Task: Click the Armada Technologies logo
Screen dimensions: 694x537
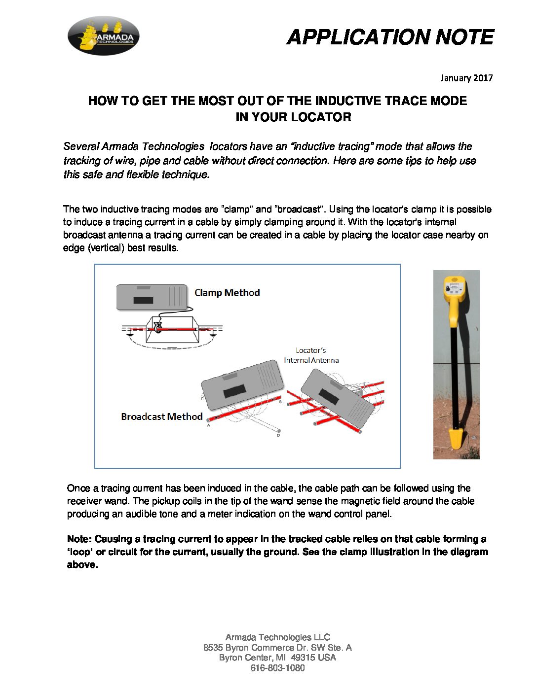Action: (x=103, y=35)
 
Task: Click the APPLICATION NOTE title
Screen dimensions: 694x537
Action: (x=390, y=37)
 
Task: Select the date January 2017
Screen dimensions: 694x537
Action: (x=466, y=78)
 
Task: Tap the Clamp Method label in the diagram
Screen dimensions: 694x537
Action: (x=227, y=293)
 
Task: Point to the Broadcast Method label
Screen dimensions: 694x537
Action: (x=162, y=416)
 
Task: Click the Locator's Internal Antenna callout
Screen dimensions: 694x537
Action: (x=311, y=355)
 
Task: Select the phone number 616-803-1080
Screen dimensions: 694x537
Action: (x=277, y=668)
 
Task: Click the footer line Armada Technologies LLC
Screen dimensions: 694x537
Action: (x=277, y=637)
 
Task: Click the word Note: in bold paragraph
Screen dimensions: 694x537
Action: (x=79, y=539)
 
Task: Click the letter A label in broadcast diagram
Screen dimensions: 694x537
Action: (x=209, y=425)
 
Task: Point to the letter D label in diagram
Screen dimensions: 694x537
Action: (x=278, y=435)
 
